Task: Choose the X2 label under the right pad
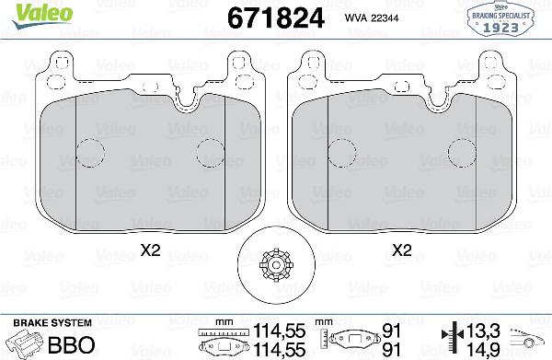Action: click(401, 249)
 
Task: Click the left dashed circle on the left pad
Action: click(89, 152)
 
